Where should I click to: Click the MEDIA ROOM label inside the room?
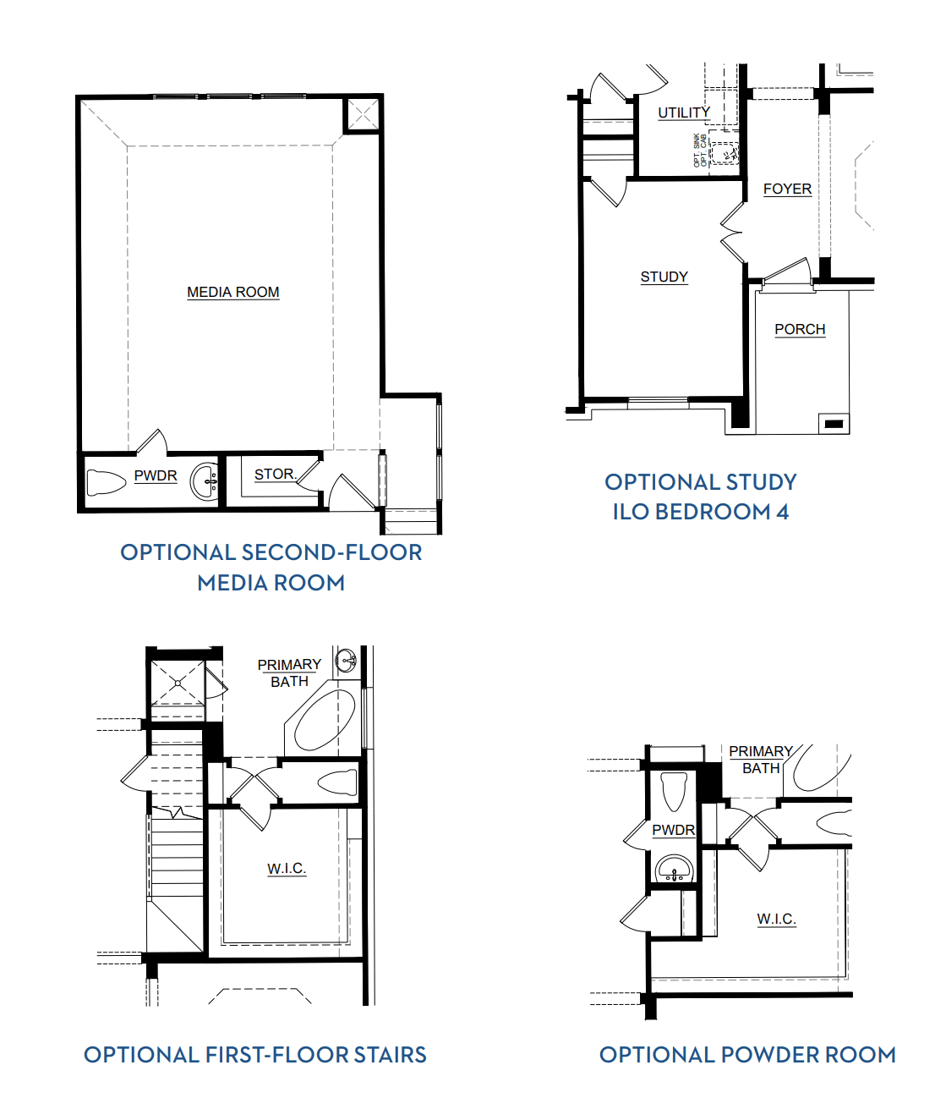pos(232,292)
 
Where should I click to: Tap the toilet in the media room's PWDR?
pos(106,482)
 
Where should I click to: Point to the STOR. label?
pos(275,475)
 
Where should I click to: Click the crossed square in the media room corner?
pos(363,114)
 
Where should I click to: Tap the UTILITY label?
pos(684,113)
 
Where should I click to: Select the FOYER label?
pos(787,189)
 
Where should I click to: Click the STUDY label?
pos(664,277)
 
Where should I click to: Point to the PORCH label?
pos(800,329)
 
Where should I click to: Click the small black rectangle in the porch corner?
pos(834,424)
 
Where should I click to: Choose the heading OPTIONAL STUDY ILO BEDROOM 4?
pos(700,497)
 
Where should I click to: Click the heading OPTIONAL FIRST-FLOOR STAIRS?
pos(254,1055)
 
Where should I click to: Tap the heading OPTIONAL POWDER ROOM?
pos(747,1055)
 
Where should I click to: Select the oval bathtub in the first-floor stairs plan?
pos(325,720)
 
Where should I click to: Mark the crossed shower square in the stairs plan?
pos(177,682)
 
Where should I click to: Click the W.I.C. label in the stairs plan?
pos(287,869)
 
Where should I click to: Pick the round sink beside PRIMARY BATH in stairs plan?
pos(346,661)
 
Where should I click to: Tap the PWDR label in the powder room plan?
pos(673,830)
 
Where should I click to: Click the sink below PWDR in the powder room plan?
pos(674,869)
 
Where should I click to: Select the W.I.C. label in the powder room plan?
pos(776,919)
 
